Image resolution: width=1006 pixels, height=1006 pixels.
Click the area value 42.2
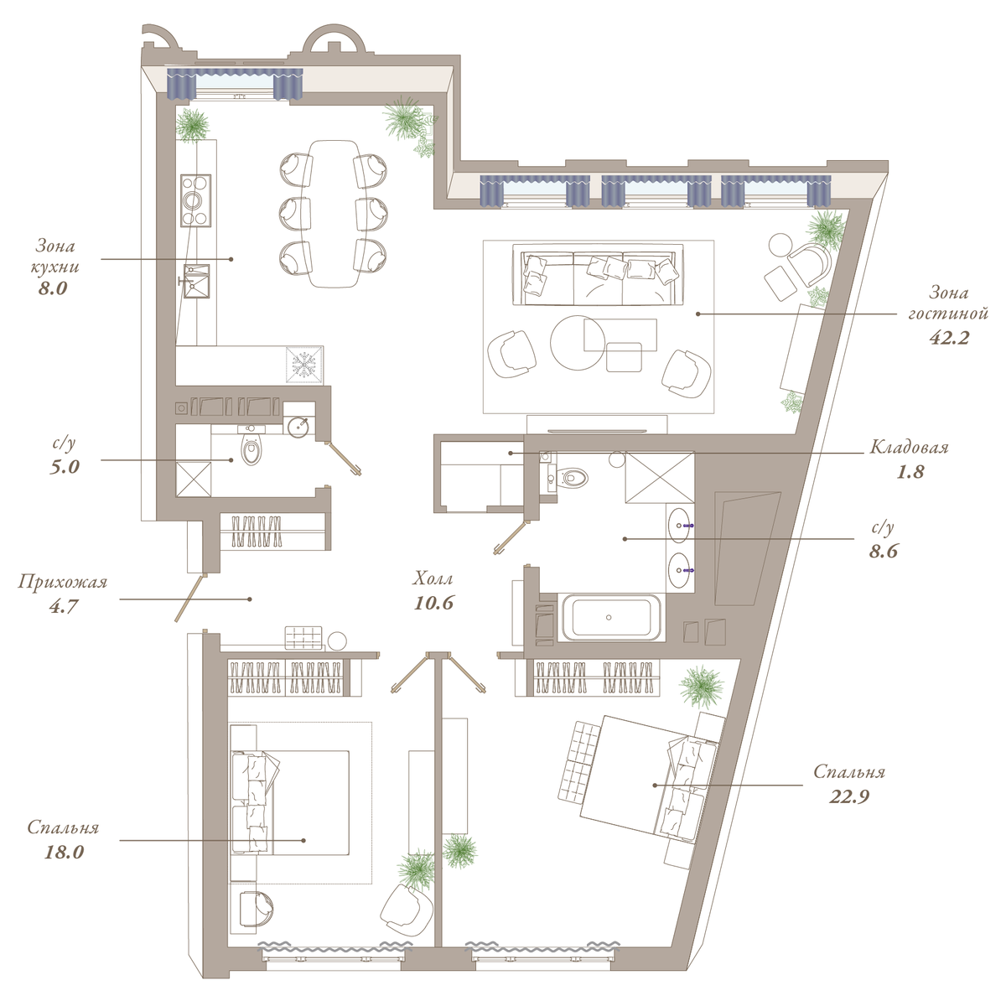[x=948, y=339]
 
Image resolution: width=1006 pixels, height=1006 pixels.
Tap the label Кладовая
[x=909, y=448]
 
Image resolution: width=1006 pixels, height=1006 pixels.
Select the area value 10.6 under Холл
[x=433, y=603]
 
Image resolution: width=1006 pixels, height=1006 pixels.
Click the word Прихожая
[x=63, y=583]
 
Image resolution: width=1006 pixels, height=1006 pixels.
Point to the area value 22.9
[x=849, y=798]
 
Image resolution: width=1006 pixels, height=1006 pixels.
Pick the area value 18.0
[x=64, y=853]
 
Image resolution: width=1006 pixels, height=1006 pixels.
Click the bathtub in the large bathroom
[x=610, y=617]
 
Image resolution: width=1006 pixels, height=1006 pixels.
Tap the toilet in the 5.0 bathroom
[x=251, y=451]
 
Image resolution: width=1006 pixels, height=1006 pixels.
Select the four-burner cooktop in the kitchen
[x=196, y=200]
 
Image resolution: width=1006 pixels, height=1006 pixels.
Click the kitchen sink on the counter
[x=196, y=281]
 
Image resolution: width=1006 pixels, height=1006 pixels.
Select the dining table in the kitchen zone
[x=334, y=214]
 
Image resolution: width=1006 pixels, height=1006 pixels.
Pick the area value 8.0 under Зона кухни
[x=53, y=288]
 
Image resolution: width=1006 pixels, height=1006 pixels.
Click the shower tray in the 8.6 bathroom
[x=660, y=478]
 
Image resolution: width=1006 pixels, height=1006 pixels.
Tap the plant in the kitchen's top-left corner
[x=192, y=125]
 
